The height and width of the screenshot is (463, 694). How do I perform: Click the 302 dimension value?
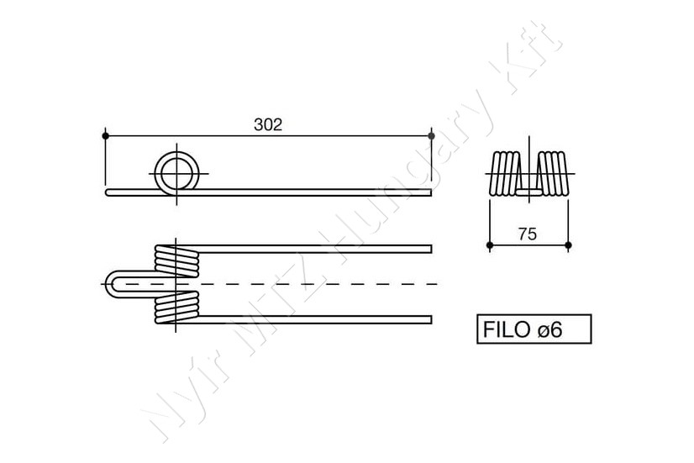pos(268,125)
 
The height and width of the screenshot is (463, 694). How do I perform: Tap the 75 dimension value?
pos(527,234)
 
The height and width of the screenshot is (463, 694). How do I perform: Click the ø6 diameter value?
pos(549,329)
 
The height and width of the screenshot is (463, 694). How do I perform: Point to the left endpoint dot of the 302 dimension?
pos(105,135)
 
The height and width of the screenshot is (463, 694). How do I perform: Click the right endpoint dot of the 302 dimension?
pos(432,135)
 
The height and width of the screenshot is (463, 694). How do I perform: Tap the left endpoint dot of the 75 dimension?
pos(490,245)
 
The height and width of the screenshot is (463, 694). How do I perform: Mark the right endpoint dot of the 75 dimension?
pos(568,245)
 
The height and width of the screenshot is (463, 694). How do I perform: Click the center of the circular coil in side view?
pos(176,173)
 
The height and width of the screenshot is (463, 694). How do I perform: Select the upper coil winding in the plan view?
pos(176,261)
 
